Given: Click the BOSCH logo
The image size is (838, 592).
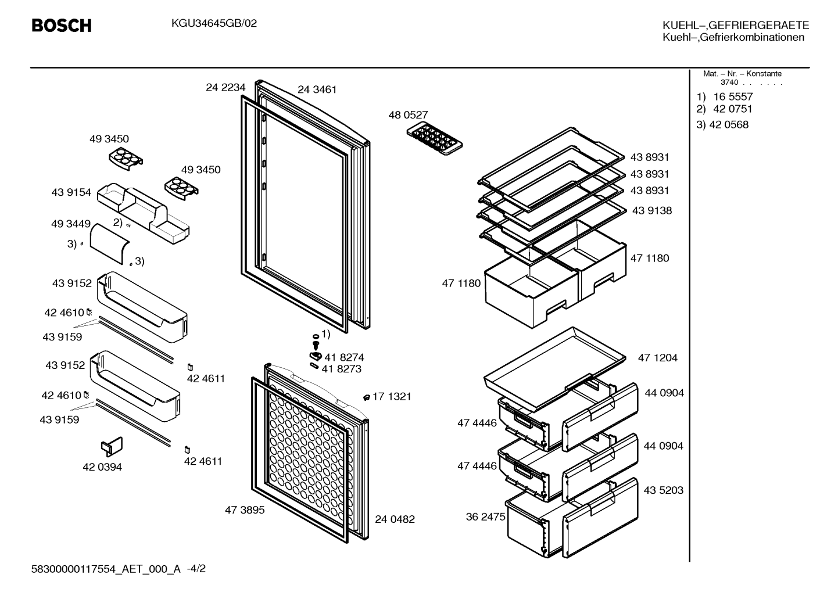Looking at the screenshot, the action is click(62, 26).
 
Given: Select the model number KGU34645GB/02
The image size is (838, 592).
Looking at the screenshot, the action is click(214, 24).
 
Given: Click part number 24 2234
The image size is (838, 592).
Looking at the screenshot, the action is click(225, 87).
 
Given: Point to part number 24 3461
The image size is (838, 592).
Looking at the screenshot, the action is click(317, 89).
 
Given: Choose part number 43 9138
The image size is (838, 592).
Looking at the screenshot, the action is click(652, 210).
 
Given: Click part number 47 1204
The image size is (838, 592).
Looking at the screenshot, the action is click(658, 358).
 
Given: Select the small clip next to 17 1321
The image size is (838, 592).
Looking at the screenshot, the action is click(367, 397).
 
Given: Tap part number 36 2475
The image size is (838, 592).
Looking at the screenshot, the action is click(486, 517).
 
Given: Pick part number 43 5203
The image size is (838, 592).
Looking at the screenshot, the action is click(664, 490).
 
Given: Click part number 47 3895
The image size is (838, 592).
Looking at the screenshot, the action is click(245, 510).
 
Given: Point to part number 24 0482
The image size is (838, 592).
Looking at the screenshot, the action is click(395, 519).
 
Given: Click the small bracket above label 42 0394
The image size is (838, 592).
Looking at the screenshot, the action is click(112, 447).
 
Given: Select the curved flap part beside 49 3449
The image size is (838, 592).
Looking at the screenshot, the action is click(109, 244).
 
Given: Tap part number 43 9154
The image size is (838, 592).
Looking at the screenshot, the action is click(71, 192).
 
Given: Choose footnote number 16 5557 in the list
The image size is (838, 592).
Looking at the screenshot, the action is click(733, 97).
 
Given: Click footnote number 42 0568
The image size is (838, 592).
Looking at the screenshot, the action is click(729, 124).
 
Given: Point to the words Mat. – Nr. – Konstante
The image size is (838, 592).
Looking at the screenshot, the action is click(742, 74).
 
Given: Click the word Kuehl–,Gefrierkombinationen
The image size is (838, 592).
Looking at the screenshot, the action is click(733, 37).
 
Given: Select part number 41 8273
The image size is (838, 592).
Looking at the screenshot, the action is click(342, 369).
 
